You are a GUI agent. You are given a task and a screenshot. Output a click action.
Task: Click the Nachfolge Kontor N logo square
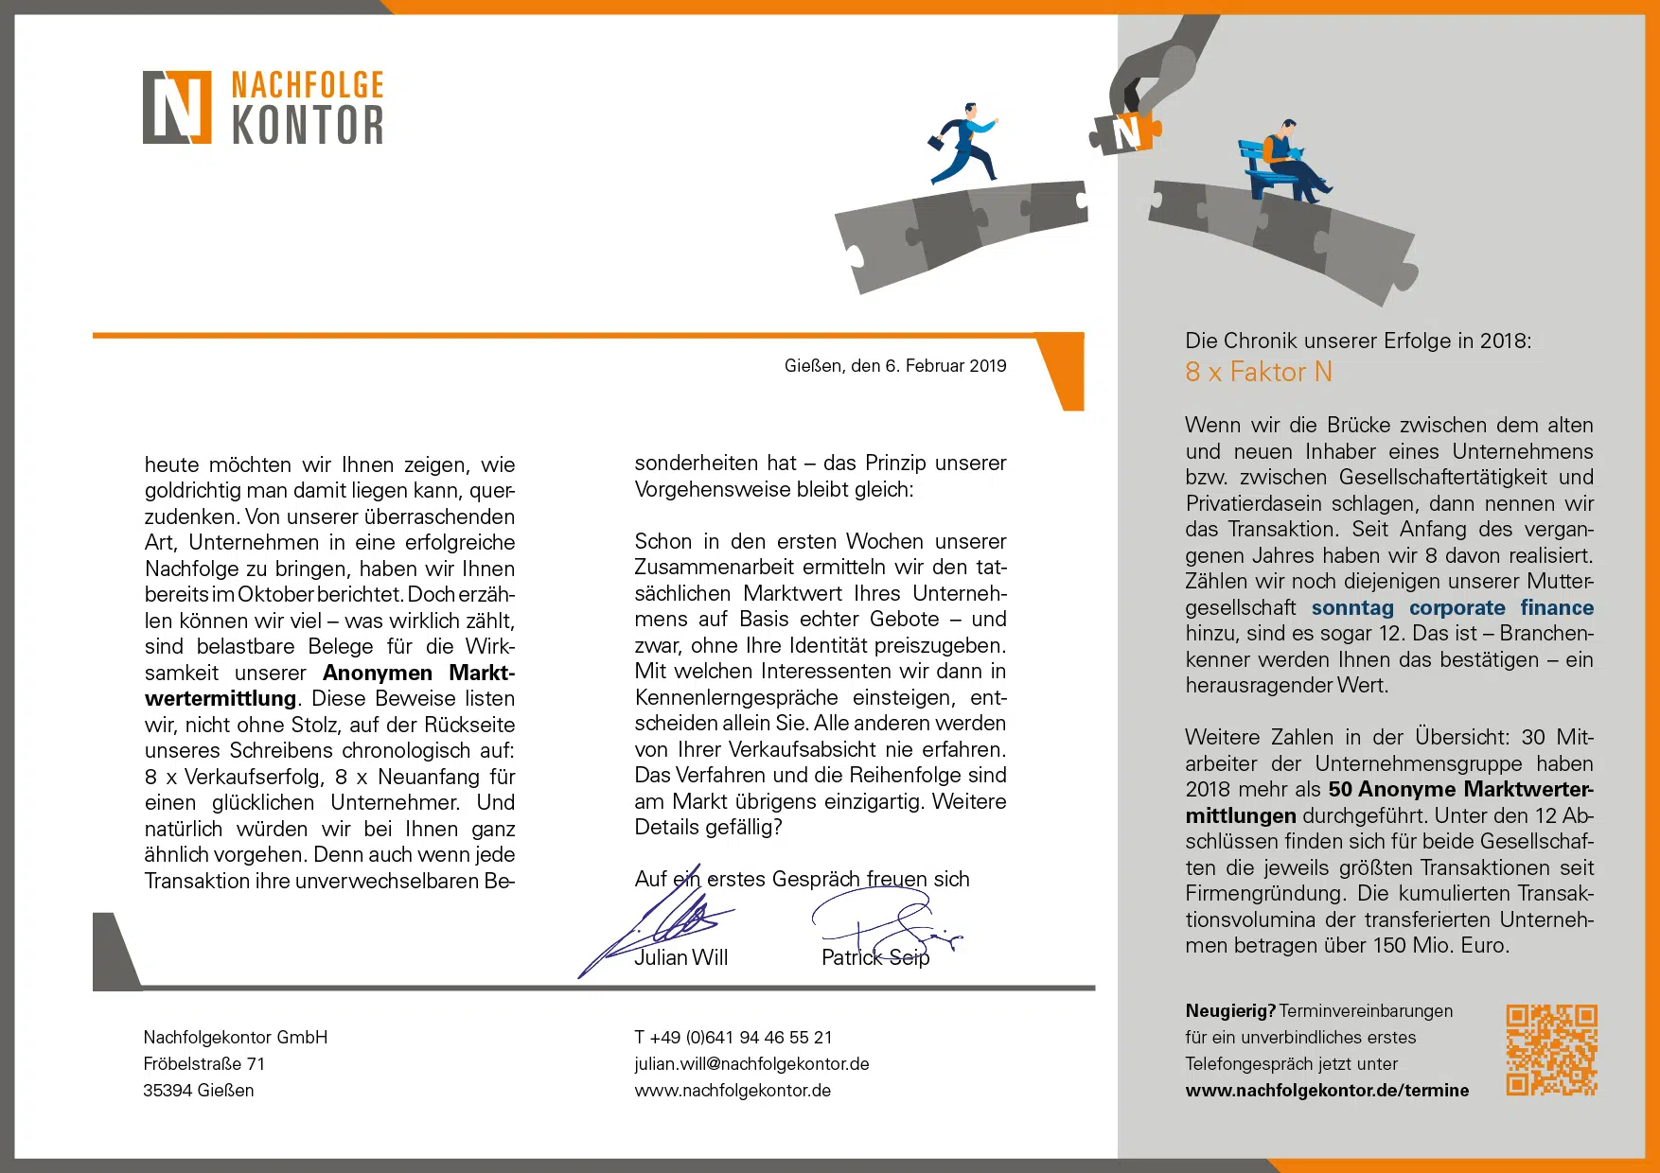pyautogui.click(x=177, y=107)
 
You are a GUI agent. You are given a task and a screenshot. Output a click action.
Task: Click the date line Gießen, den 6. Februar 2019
pyautogui.click(x=894, y=366)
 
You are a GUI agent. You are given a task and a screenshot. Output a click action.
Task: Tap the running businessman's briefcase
pyautogui.click(x=935, y=143)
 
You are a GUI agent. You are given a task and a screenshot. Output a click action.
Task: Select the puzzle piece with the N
pyautogui.click(x=1126, y=131)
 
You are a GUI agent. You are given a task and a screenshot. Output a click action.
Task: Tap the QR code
pyautogui.click(x=1551, y=1049)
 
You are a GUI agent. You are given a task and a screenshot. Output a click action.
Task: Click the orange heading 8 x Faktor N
pyautogui.click(x=1258, y=373)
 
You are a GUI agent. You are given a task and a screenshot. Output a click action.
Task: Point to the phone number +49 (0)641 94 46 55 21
pyautogui.click(x=733, y=1038)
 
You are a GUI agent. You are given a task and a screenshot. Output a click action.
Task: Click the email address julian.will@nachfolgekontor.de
pyautogui.click(x=751, y=1064)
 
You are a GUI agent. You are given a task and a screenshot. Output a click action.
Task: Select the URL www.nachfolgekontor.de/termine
pyautogui.click(x=1327, y=1091)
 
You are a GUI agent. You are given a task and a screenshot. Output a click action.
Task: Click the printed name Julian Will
pyautogui.click(x=681, y=958)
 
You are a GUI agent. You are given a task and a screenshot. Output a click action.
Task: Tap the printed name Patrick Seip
pyautogui.click(x=875, y=958)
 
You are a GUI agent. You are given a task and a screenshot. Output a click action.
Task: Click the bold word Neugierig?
pyautogui.click(x=1230, y=1011)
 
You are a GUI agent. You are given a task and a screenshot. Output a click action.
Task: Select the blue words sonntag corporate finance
pyautogui.click(x=1452, y=608)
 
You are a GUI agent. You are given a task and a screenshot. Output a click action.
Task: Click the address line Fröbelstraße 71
pyautogui.click(x=203, y=1064)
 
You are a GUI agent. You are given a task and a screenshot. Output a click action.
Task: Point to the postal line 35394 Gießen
pyautogui.click(x=199, y=1091)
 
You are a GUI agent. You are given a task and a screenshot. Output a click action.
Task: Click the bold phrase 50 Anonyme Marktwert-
pyautogui.click(x=1460, y=790)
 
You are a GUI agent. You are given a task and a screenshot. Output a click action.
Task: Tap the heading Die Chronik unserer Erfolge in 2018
pyautogui.click(x=1357, y=341)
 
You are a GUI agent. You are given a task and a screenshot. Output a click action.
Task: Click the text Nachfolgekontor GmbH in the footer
pyautogui.click(x=236, y=1038)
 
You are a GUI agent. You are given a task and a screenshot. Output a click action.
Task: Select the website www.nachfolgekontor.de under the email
pyautogui.click(x=733, y=1091)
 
